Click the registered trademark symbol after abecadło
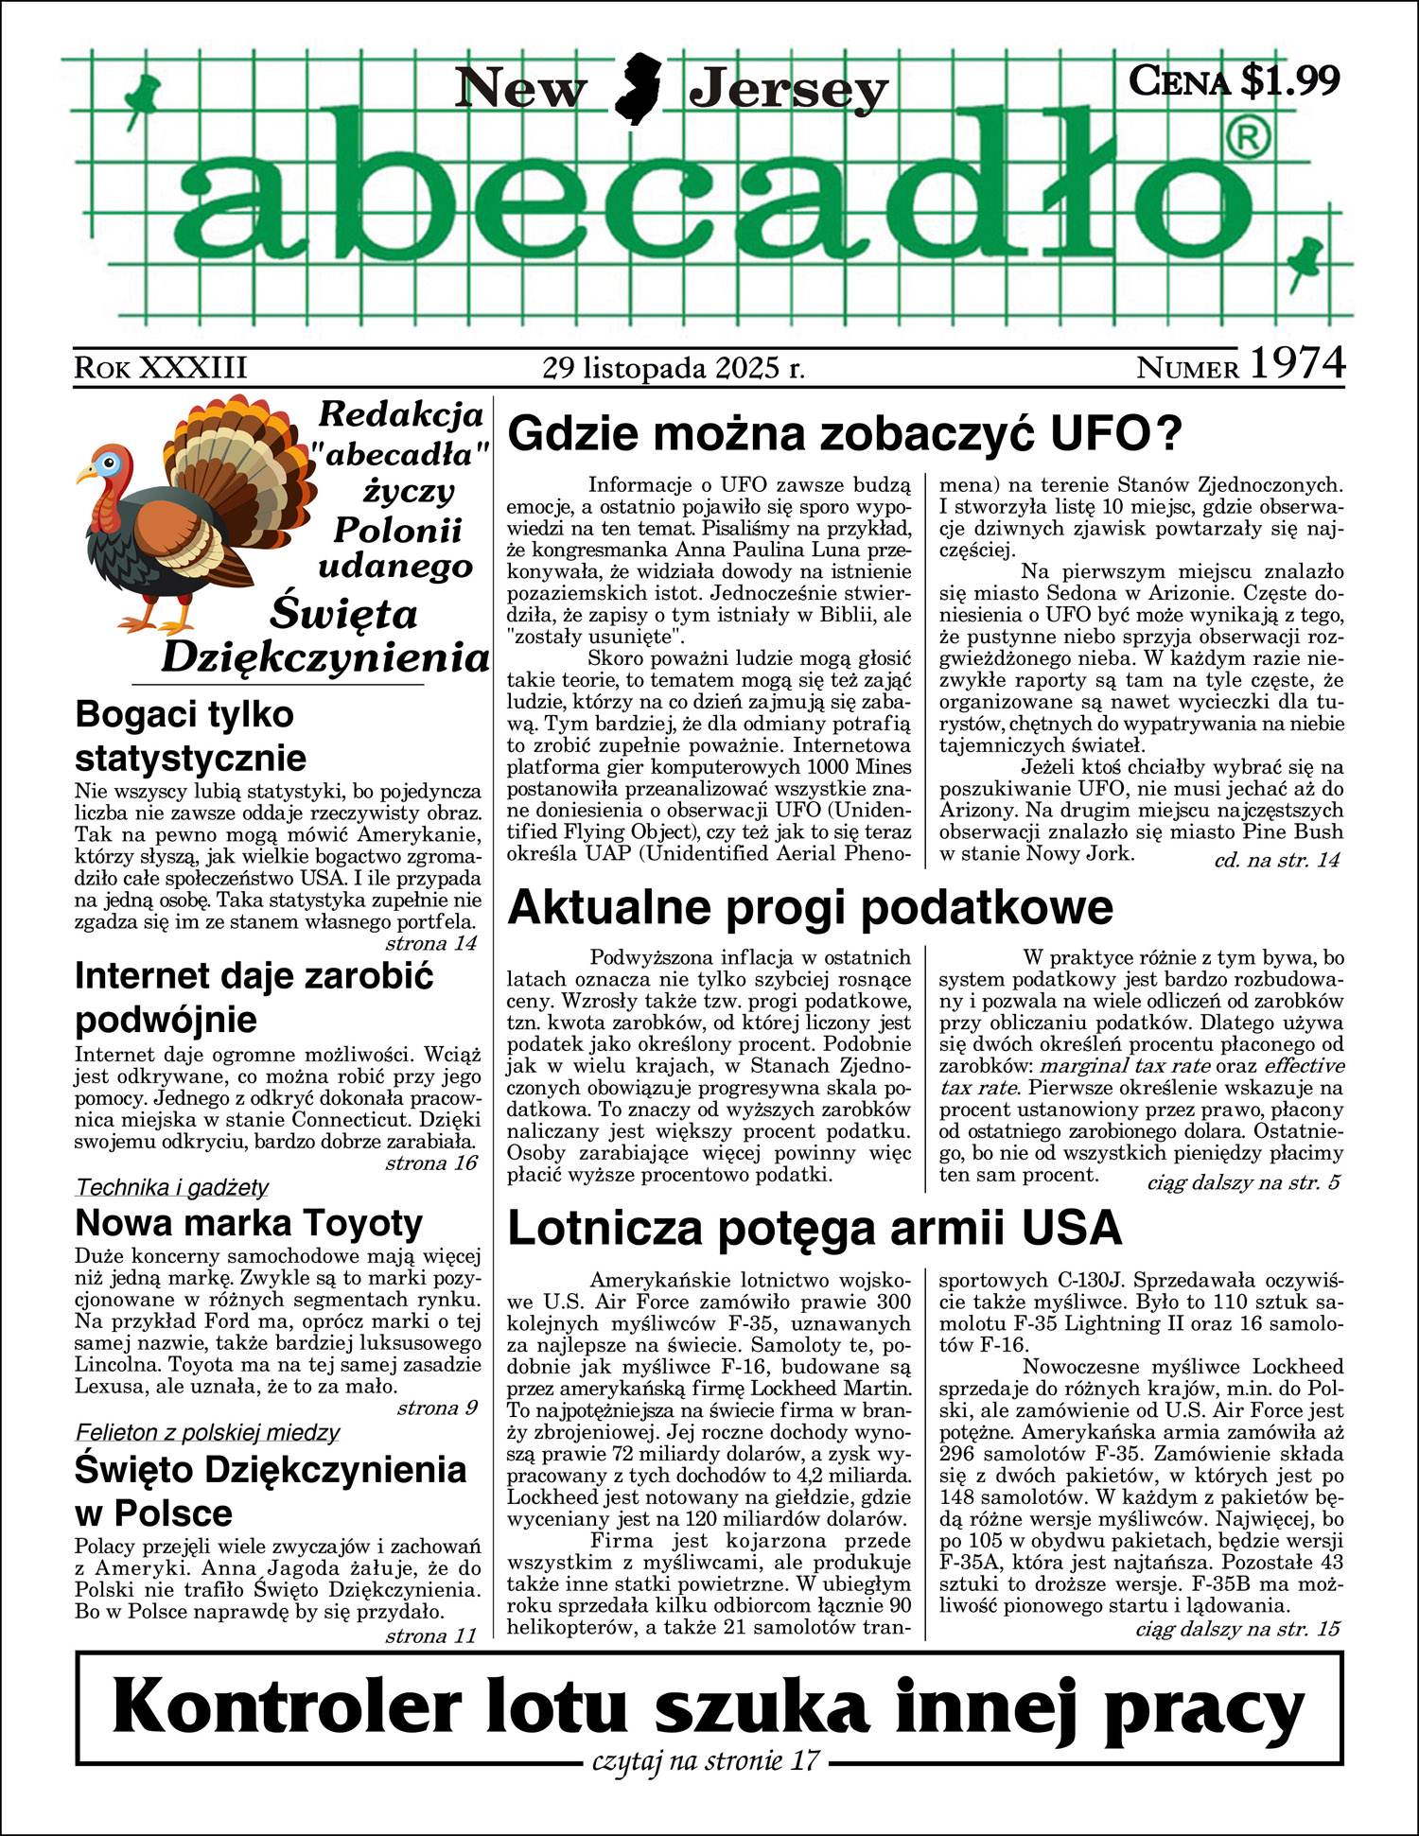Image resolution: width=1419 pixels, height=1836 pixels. pos(1249,139)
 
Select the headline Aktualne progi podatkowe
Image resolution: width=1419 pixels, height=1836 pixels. pos(810,907)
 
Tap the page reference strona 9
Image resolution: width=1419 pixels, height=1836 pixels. pos(437,1408)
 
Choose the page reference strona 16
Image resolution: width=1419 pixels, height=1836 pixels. pos(431,1163)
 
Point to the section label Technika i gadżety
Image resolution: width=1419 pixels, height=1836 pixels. pos(172,1187)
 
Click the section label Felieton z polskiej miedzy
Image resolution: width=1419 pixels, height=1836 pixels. pos(207,1433)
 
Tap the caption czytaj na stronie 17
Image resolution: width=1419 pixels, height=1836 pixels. pos(705,1761)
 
